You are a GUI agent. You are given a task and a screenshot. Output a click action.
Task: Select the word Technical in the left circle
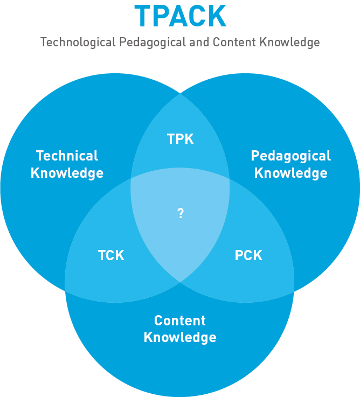67,156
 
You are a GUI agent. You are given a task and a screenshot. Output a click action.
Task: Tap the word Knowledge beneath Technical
67,173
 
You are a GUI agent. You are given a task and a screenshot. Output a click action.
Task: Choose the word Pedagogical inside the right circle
291,156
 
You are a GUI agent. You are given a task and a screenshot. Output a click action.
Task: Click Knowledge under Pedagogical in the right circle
291,173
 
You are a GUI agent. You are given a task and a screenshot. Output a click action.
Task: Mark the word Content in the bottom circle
180,321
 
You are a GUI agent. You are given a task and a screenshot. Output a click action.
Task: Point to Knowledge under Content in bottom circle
180,338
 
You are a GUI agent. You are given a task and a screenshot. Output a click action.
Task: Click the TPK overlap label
180,139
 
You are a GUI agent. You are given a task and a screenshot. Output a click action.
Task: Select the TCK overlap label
111,255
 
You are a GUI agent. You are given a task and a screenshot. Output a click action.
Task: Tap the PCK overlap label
248,255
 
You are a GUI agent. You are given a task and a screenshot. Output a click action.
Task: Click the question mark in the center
181,214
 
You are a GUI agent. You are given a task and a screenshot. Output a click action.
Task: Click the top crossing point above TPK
180,94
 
